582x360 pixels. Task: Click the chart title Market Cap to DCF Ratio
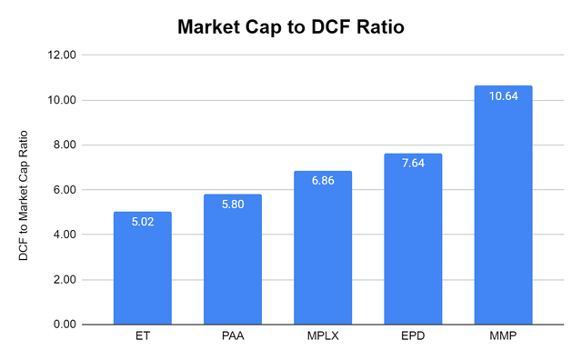coord(291,27)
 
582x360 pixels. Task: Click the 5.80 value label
coord(233,205)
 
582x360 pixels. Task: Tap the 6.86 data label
coord(323,182)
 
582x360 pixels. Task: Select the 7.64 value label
coord(413,165)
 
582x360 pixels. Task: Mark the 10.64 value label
coord(503,97)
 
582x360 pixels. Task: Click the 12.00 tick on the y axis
coord(65,55)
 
